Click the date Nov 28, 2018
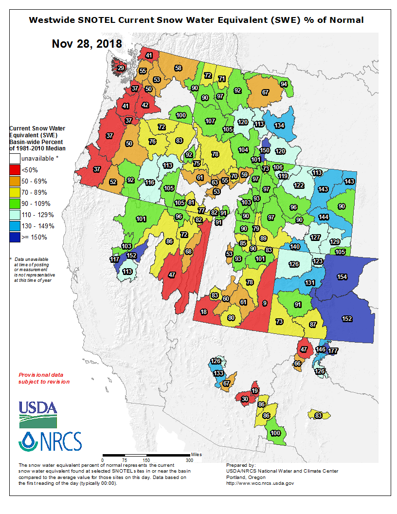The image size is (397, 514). [x=87, y=44]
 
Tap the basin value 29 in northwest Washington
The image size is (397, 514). [x=121, y=68]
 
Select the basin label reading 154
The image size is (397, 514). [x=342, y=276]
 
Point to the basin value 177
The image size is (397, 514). [x=333, y=350]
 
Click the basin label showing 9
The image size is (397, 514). [x=264, y=303]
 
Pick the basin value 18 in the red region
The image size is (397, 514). [x=203, y=312]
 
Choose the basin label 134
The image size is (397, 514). [x=279, y=125]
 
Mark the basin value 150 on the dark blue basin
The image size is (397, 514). [x=264, y=150]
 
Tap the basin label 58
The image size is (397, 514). [x=178, y=68]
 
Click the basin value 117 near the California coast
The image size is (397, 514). [x=114, y=260]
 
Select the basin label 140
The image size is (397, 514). [x=295, y=247]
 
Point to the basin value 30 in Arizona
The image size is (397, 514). [x=245, y=399]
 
